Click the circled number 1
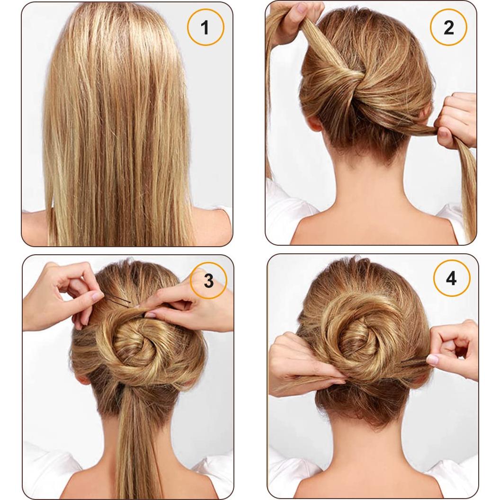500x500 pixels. pyautogui.click(x=205, y=27)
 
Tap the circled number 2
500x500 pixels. pyautogui.click(x=448, y=27)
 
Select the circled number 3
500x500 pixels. pyautogui.click(x=208, y=281)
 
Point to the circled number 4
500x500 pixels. pyautogui.click(x=451, y=278)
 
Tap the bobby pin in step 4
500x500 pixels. pyautogui.click(x=413, y=363)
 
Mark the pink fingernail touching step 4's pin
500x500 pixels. pyautogui.click(x=432, y=359)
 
